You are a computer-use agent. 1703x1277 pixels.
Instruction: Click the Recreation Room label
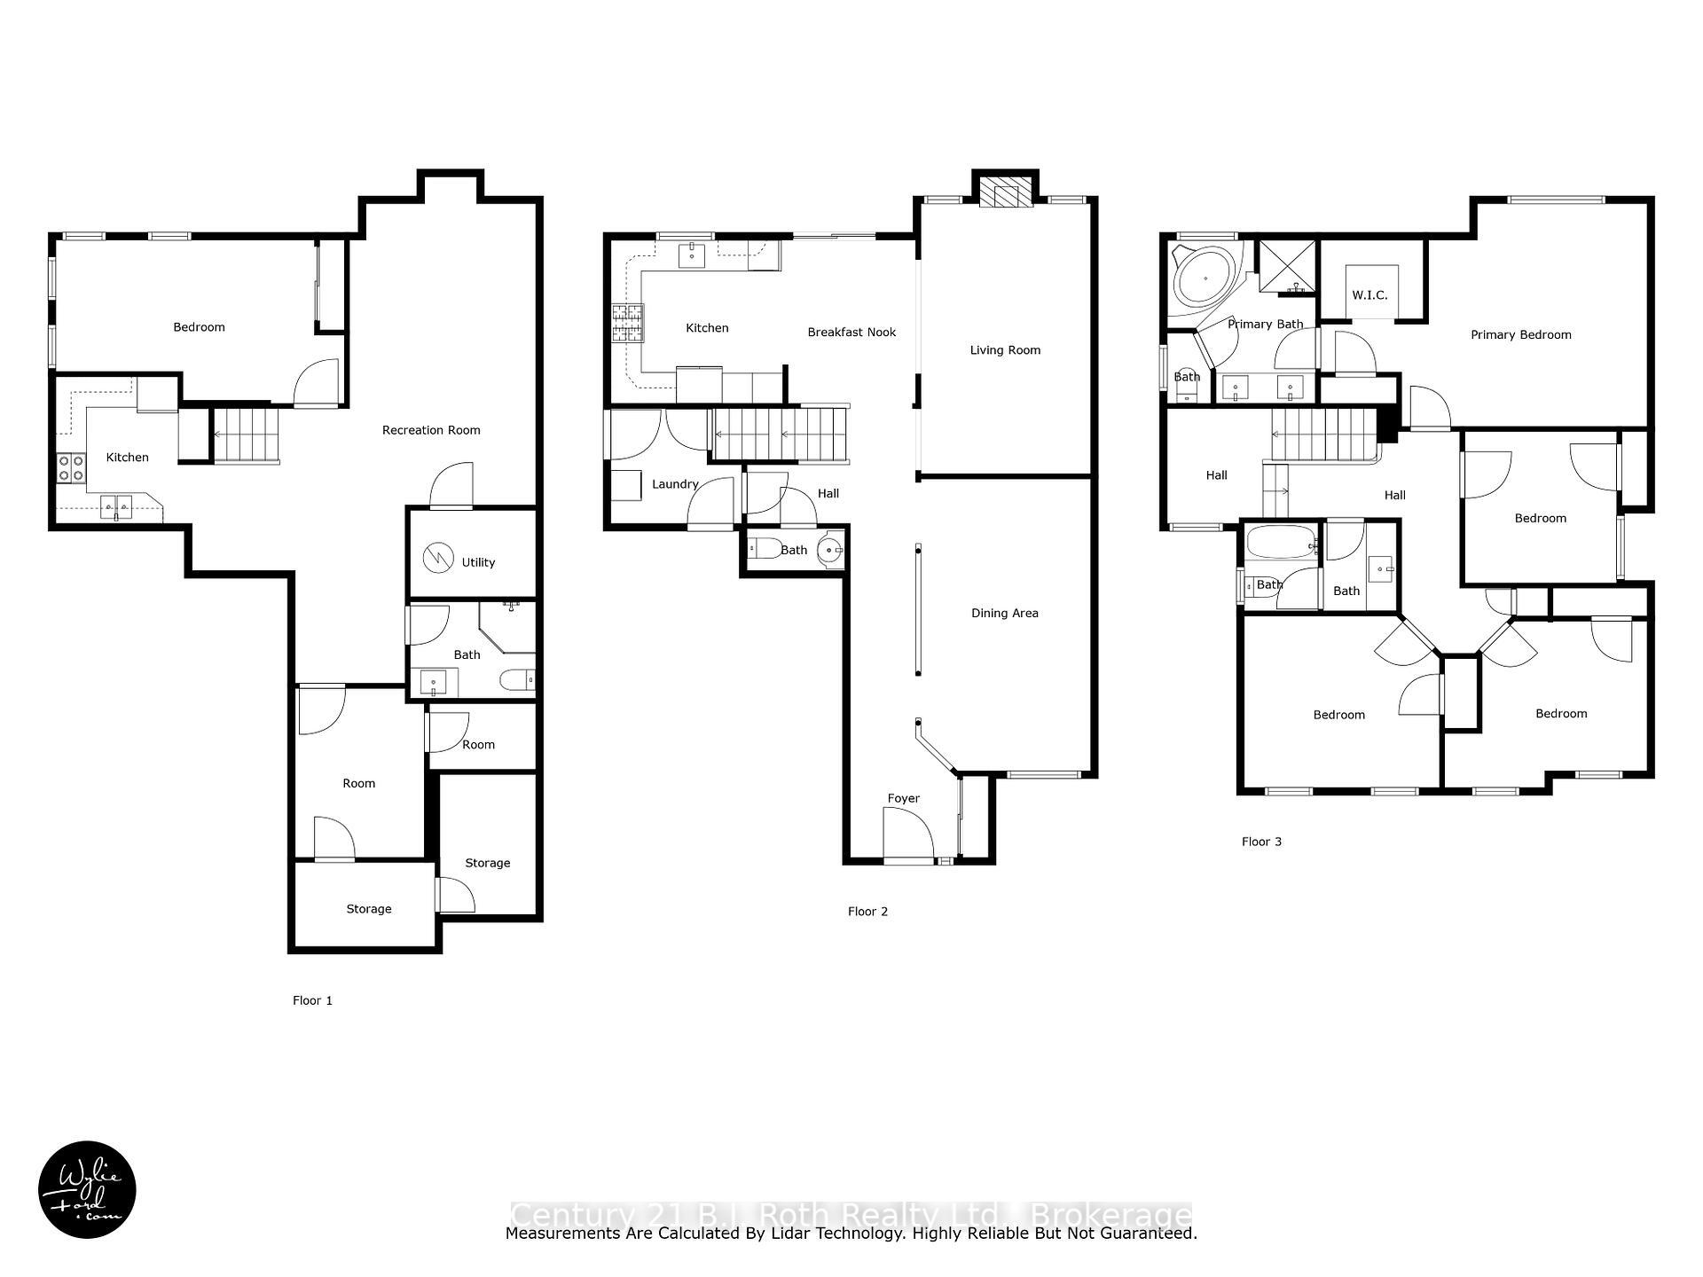[x=431, y=430]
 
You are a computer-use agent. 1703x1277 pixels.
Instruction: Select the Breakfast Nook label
[x=851, y=333]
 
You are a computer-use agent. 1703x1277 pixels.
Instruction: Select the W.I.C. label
[x=1369, y=295]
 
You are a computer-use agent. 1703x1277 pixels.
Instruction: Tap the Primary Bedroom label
[x=1520, y=335]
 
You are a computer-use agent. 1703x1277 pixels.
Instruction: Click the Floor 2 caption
[x=867, y=912]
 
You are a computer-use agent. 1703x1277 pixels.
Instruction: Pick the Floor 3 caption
[x=1261, y=842]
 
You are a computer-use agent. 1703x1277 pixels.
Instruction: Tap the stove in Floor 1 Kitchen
[x=71, y=467]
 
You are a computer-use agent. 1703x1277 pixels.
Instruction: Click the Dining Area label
[x=1004, y=614]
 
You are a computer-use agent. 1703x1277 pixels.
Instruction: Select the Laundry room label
[x=675, y=484]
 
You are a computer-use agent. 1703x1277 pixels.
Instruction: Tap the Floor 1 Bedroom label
[x=199, y=327]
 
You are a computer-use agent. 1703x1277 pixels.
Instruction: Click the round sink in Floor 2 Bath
[x=831, y=550]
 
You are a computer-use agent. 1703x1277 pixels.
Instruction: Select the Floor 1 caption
[x=312, y=1000]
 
